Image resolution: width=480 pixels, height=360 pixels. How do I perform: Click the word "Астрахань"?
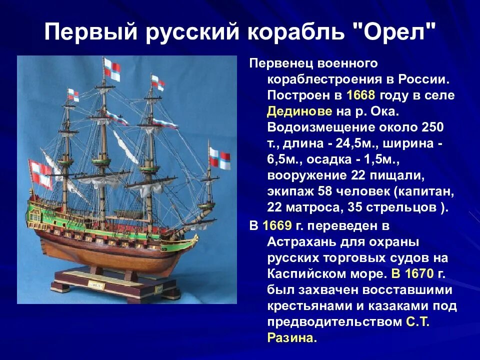(x=304, y=242)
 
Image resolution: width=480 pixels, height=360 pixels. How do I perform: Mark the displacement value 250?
(x=432, y=127)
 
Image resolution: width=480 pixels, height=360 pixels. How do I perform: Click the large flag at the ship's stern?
(x=40, y=172)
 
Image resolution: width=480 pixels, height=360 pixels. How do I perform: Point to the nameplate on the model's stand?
(x=94, y=284)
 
